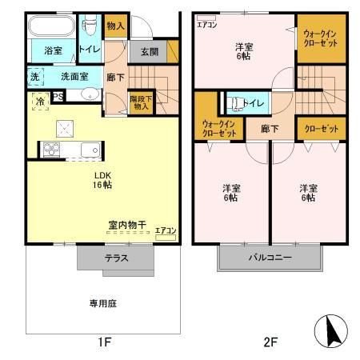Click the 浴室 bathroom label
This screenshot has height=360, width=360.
54,50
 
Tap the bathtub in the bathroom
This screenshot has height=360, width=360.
53,27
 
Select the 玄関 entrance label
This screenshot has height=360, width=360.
149,52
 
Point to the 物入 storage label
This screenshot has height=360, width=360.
115,26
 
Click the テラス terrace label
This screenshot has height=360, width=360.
116,258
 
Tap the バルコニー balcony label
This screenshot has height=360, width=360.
269,258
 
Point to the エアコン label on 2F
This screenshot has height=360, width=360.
206,22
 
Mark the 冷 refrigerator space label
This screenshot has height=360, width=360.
39,102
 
